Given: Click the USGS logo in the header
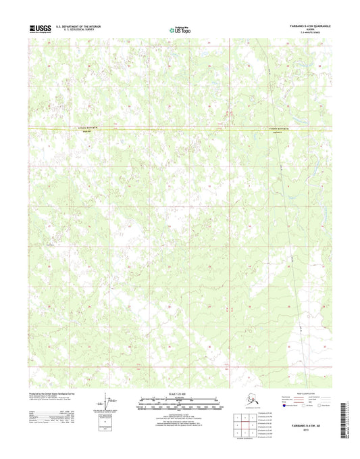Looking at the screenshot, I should [x=40, y=28].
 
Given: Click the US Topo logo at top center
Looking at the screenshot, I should [x=180, y=29].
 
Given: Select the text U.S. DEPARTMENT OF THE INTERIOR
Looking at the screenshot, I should [x=84, y=26].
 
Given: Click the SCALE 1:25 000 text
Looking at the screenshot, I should [x=180, y=394].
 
